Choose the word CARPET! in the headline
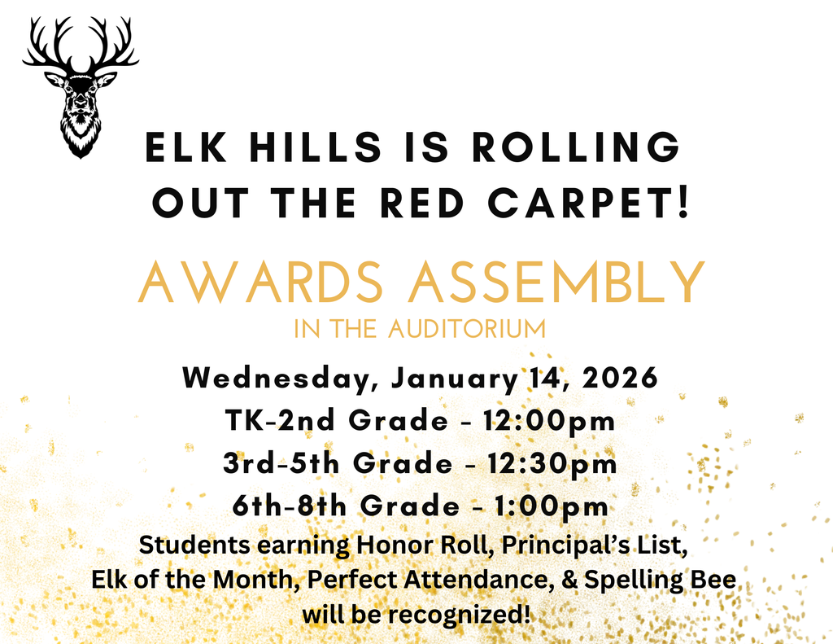[x=605, y=202]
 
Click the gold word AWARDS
[x=259, y=282]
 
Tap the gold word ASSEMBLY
[x=556, y=282]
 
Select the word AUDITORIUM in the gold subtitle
[x=466, y=330]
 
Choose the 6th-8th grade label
[x=290, y=506]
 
